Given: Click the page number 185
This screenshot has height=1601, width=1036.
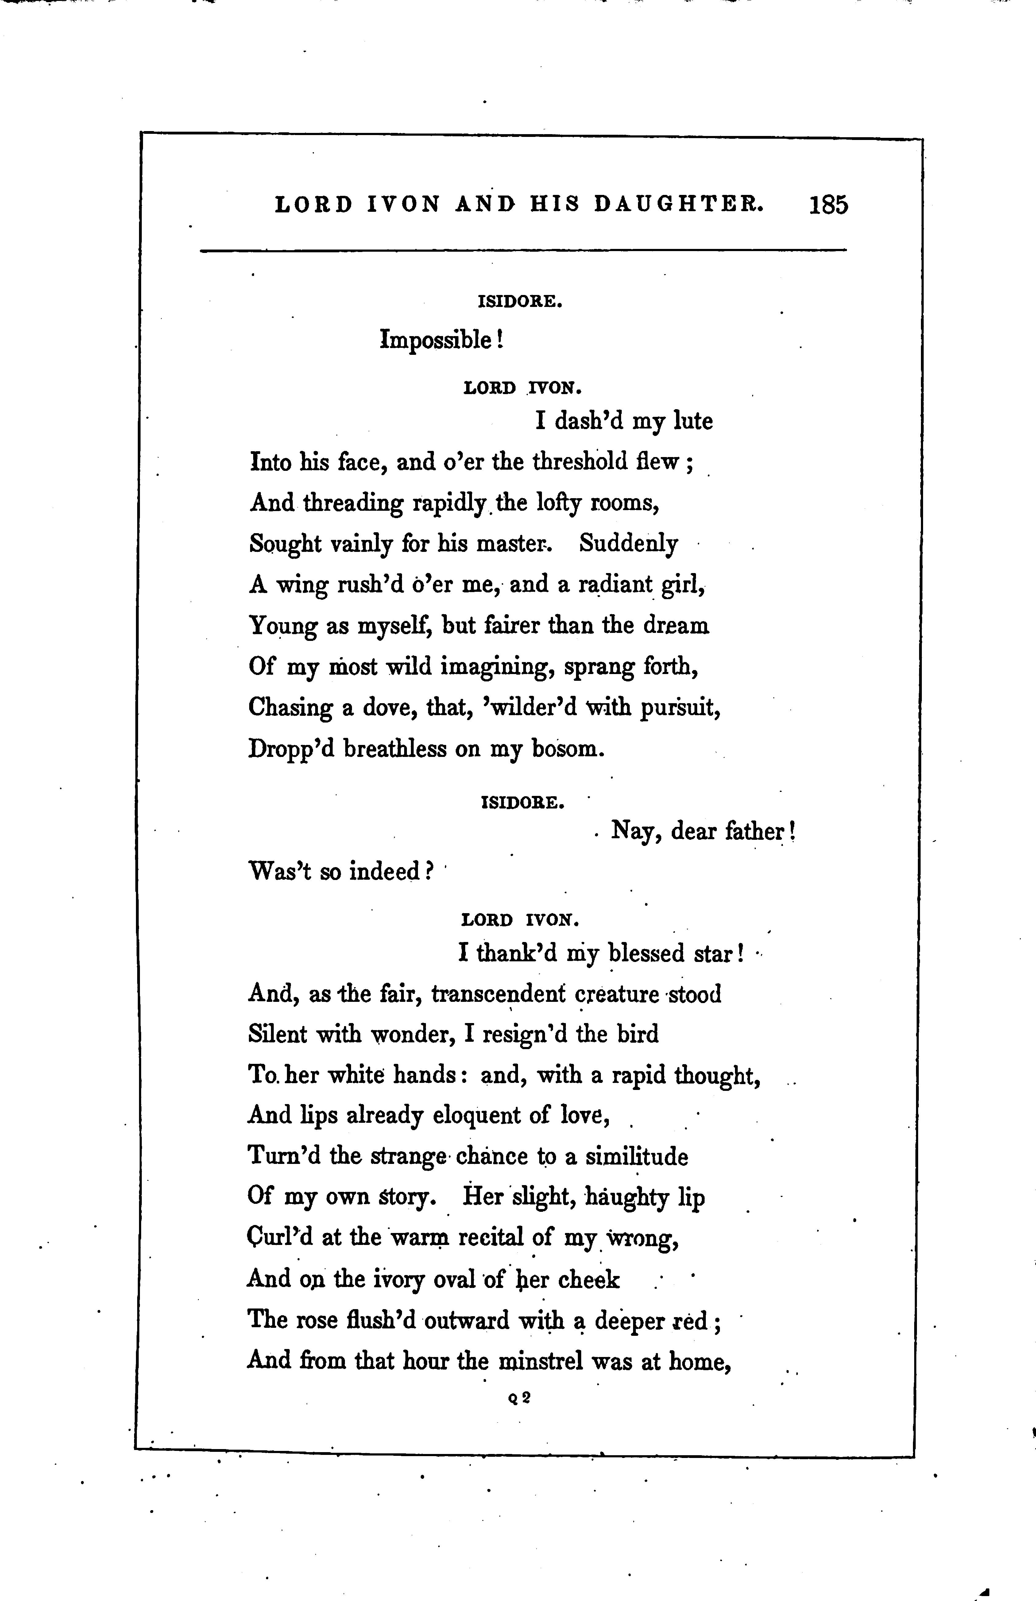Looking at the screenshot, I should pos(829,204).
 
